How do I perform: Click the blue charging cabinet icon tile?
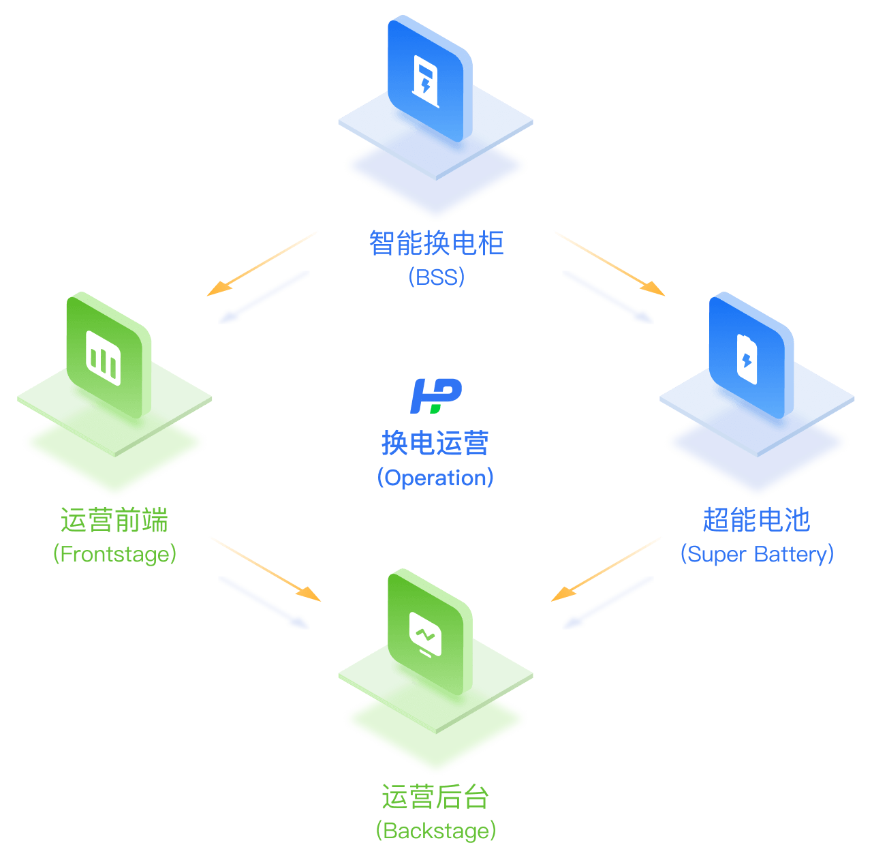tap(429, 78)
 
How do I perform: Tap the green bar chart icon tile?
tap(108, 355)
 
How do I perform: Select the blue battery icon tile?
tap(751, 355)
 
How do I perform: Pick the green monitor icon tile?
tap(429, 632)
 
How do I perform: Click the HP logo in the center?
tap(435, 396)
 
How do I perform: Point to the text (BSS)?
tap(436, 277)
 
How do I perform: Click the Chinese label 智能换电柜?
tap(436, 243)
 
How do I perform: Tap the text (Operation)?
tap(435, 478)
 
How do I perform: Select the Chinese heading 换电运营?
tap(435, 443)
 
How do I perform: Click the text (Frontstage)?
tap(114, 554)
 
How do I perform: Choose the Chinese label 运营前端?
tap(114, 520)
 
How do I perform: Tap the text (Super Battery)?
tap(757, 554)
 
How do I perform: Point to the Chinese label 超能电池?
tap(757, 520)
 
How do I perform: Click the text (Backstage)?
tap(435, 831)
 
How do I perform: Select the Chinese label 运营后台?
tap(435, 797)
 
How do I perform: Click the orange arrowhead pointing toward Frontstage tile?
tap(219, 288)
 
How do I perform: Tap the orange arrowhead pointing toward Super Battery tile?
tap(653, 288)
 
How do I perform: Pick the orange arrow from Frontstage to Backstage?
tap(265, 569)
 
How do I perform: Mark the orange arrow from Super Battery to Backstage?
tap(607, 569)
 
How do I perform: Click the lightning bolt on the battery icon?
tap(747, 360)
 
